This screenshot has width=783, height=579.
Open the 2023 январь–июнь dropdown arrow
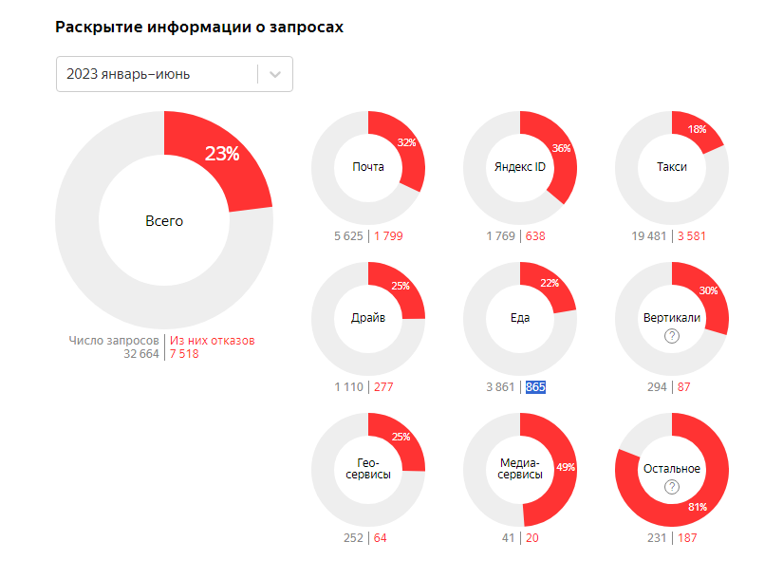275,74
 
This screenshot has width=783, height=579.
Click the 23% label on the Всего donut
222,154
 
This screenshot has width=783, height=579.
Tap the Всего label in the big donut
164,221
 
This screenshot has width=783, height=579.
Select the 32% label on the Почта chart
407,143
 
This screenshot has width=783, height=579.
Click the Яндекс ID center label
520,167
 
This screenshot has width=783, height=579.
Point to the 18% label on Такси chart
698,129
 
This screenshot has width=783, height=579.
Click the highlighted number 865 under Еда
535,387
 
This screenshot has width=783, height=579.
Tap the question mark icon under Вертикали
672,336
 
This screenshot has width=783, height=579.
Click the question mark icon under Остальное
672,487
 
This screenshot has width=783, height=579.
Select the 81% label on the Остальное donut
698,508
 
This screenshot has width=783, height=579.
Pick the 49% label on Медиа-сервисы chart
565,467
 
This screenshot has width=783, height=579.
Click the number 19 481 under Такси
650,236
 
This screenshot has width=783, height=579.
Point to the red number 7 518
184,354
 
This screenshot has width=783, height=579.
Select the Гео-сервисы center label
368,468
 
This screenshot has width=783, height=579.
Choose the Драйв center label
368,318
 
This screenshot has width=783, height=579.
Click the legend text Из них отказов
213,340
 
